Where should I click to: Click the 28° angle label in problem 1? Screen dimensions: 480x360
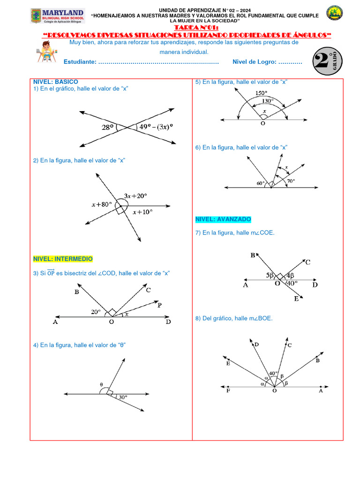click(108, 127)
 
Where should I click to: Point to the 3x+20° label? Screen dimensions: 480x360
click(135, 195)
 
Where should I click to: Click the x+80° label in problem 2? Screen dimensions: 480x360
click(102, 204)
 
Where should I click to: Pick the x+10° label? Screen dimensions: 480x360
click(142, 212)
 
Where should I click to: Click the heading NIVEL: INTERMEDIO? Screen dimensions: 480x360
click(63, 259)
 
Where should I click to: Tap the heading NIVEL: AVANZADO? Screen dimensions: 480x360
click(223, 219)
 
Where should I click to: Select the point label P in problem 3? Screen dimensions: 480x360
click(159, 305)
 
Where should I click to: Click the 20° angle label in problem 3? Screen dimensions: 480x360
click(96, 311)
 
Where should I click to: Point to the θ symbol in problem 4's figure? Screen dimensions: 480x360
click(101, 385)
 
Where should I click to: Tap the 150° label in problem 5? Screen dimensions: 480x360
click(262, 93)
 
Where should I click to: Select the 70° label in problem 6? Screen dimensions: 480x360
click(291, 181)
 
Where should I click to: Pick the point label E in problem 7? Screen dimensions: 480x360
click(296, 299)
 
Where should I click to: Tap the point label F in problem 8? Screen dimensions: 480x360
click(228, 391)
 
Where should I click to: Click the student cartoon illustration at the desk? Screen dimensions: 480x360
click(47, 52)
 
